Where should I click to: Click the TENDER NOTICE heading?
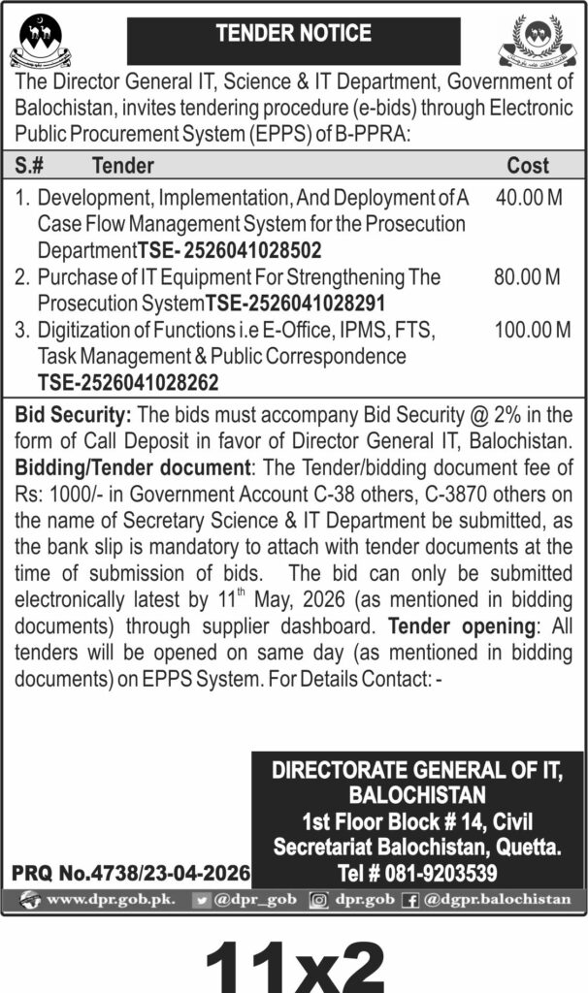(293, 34)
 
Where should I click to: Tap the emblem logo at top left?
(35, 42)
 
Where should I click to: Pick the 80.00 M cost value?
(528, 277)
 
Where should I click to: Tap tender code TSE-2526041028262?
(128, 382)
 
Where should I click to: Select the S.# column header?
(34, 166)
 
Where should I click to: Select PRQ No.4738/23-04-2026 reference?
(131, 873)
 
